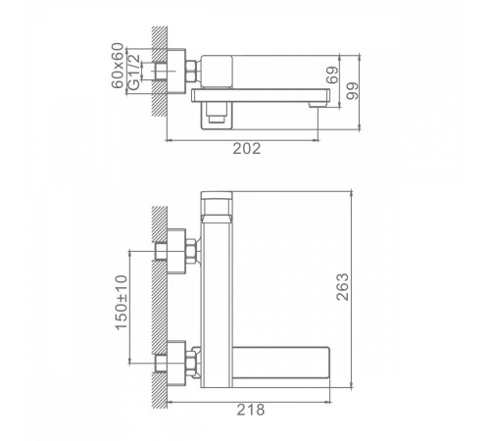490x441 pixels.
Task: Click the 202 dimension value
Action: (247, 149)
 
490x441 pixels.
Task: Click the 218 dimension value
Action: (251, 410)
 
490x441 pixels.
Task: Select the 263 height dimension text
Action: (343, 287)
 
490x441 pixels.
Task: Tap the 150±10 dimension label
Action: (122, 303)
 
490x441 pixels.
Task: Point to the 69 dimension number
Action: (332, 75)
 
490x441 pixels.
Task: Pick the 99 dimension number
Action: (353, 91)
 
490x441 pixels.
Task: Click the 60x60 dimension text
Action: (118, 66)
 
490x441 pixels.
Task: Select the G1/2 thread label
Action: (134, 72)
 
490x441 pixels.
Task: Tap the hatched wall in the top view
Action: (160, 71)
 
